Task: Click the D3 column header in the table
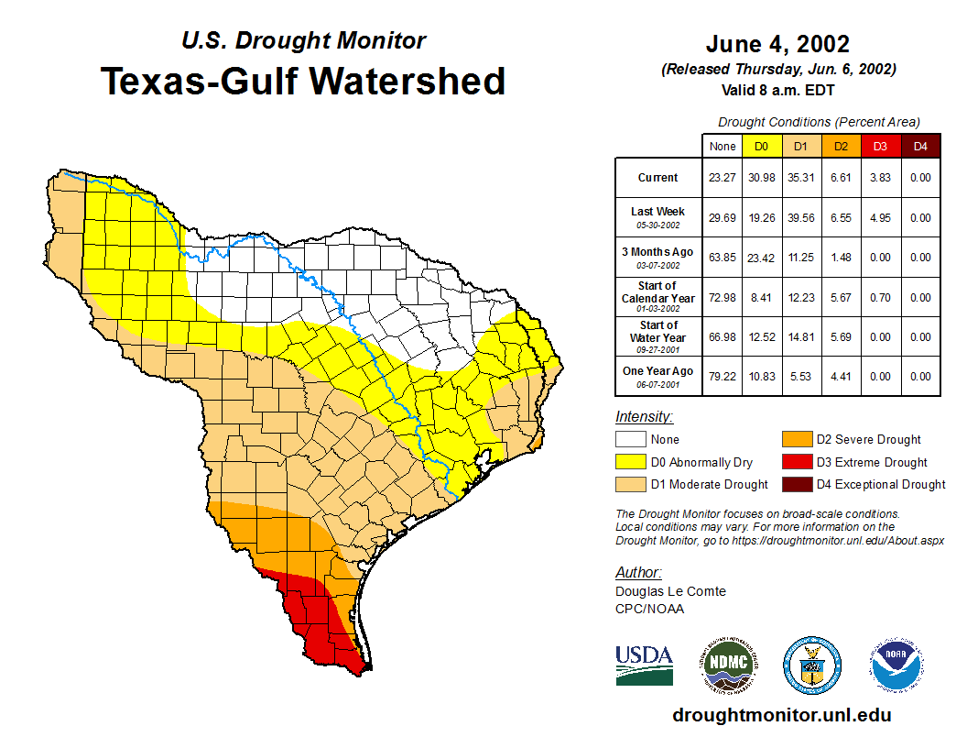[880, 146]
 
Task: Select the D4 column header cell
[920, 146]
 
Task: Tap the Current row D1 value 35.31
[800, 178]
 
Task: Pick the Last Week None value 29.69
[722, 218]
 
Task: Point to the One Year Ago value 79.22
[722, 377]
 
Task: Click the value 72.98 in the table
[722, 298]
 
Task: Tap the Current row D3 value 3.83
[880, 178]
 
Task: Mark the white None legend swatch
[629, 440]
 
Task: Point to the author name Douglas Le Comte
[670, 591]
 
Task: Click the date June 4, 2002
[777, 44]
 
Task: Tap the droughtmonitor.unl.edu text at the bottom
[781, 715]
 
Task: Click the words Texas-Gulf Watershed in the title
[303, 81]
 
